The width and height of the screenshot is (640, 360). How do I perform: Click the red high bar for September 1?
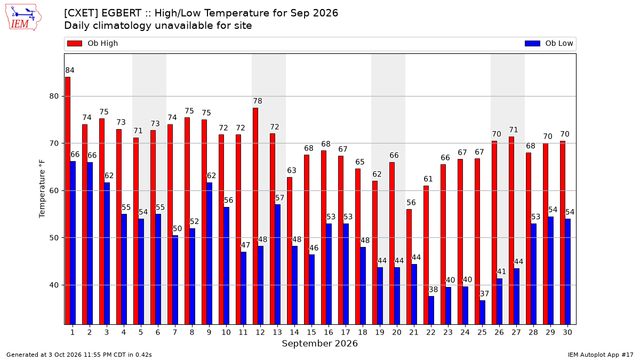tap(68, 201)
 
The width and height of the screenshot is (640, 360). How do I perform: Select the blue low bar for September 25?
tap(482, 313)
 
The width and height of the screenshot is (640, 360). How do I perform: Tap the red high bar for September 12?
tap(255, 216)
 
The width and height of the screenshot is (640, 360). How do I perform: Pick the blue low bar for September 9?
tap(210, 253)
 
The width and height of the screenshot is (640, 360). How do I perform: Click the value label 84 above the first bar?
tap(70, 70)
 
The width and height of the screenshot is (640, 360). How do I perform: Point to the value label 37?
tap(484, 294)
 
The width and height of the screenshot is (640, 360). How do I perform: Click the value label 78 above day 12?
tap(258, 101)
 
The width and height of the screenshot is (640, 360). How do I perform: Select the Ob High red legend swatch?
tap(75, 43)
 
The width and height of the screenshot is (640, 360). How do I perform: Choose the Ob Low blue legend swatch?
tap(532, 43)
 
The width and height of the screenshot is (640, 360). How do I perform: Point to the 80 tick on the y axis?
tap(54, 97)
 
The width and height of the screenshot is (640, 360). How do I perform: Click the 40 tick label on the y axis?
tap(54, 285)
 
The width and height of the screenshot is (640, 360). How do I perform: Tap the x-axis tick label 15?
tap(311, 332)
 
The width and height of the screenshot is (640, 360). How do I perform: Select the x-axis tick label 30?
tap(567, 332)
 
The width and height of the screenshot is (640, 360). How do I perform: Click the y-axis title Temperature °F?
tap(42, 189)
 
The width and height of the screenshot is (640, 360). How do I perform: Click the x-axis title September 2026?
tap(319, 343)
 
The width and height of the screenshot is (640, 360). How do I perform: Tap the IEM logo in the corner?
tap(23, 18)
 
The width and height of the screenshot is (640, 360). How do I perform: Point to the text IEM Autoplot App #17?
tap(601, 355)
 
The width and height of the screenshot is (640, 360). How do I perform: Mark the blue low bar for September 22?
tap(431, 310)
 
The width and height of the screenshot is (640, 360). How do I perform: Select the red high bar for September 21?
tap(409, 267)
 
